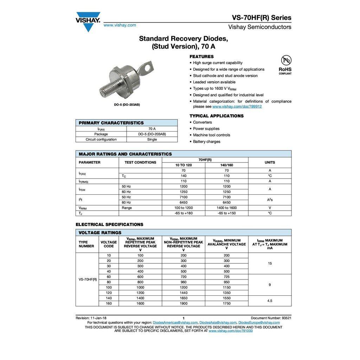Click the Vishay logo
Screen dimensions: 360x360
click(88, 21)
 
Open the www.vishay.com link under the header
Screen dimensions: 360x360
click(120, 25)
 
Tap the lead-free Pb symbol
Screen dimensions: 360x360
click(286, 60)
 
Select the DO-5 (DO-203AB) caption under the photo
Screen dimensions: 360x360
click(127, 105)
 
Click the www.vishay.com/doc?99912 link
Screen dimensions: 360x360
click(237, 107)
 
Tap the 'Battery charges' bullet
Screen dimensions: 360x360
click(206, 142)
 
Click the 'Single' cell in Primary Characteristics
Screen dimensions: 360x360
click(152, 140)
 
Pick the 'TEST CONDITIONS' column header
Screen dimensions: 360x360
click(140, 162)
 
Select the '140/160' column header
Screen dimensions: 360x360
click(226, 165)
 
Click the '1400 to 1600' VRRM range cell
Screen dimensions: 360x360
click(226, 208)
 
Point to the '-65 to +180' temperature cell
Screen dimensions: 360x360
click(184, 213)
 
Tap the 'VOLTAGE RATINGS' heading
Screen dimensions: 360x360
click(100, 233)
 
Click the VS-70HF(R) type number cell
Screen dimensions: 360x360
click(88, 279)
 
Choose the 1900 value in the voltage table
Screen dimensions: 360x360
click(183, 303)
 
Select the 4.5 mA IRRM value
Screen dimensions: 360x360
click(270, 301)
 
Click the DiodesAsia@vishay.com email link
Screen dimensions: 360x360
click(218, 322)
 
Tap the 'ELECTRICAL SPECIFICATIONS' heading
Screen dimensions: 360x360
click(109, 224)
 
